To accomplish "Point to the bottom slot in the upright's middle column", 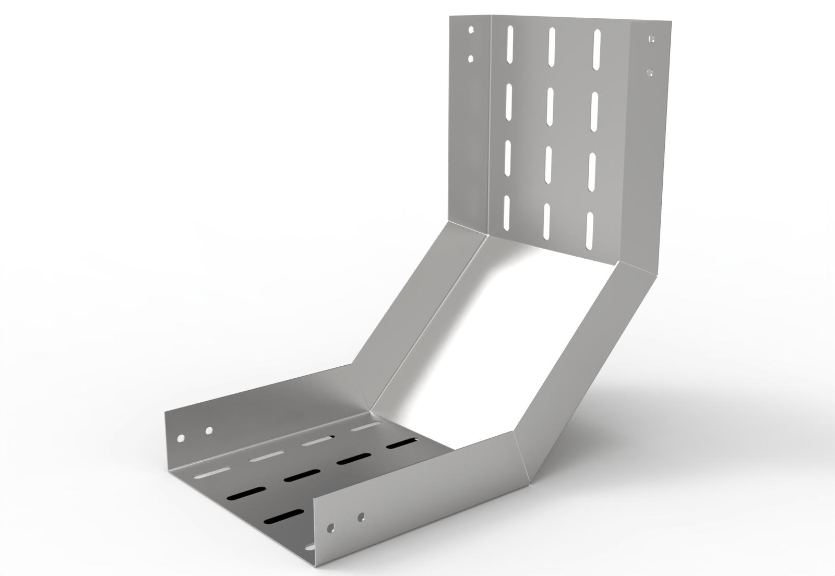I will (547, 220).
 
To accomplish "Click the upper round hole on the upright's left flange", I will (471, 30).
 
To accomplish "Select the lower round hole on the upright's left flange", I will (471, 59).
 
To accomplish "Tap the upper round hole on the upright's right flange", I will (651, 39).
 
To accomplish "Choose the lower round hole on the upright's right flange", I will (650, 70).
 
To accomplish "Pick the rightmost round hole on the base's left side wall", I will (209, 431).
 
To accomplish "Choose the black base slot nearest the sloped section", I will (402, 444).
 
